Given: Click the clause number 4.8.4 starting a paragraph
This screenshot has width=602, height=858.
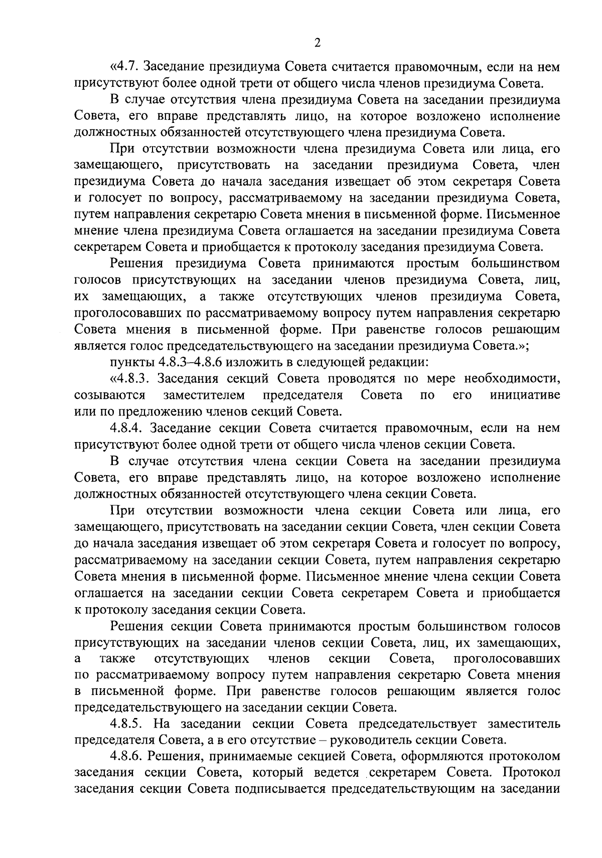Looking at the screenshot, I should click(127, 428).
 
